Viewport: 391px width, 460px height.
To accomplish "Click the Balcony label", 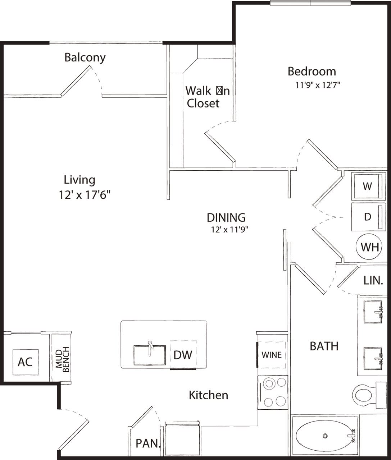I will click(x=85, y=57).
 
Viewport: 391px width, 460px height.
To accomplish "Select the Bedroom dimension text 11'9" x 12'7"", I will click(x=318, y=85).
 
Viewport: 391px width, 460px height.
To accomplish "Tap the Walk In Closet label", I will click(x=207, y=97).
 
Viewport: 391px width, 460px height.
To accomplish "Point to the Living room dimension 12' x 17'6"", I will click(x=85, y=195).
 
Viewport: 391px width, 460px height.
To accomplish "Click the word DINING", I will click(x=226, y=217).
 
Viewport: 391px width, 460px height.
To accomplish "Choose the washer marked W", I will click(x=367, y=186).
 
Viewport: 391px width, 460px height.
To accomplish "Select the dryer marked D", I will click(x=367, y=217).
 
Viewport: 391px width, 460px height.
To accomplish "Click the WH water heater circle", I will click(x=369, y=247).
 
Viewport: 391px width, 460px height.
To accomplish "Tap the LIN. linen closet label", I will click(x=373, y=280).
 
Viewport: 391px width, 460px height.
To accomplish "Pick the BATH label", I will click(x=324, y=346).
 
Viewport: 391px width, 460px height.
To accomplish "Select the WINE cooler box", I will click(x=272, y=355).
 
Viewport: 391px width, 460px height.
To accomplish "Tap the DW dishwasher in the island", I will click(x=183, y=355).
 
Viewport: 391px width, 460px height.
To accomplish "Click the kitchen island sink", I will click(x=150, y=355).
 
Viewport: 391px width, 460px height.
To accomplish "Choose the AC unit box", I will click(x=25, y=362).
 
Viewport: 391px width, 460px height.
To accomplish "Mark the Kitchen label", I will click(x=208, y=395).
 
